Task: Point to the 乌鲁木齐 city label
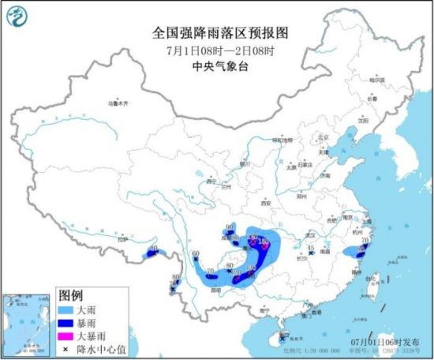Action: tap(118, 103)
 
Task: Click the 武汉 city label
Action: tap(310, 234)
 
